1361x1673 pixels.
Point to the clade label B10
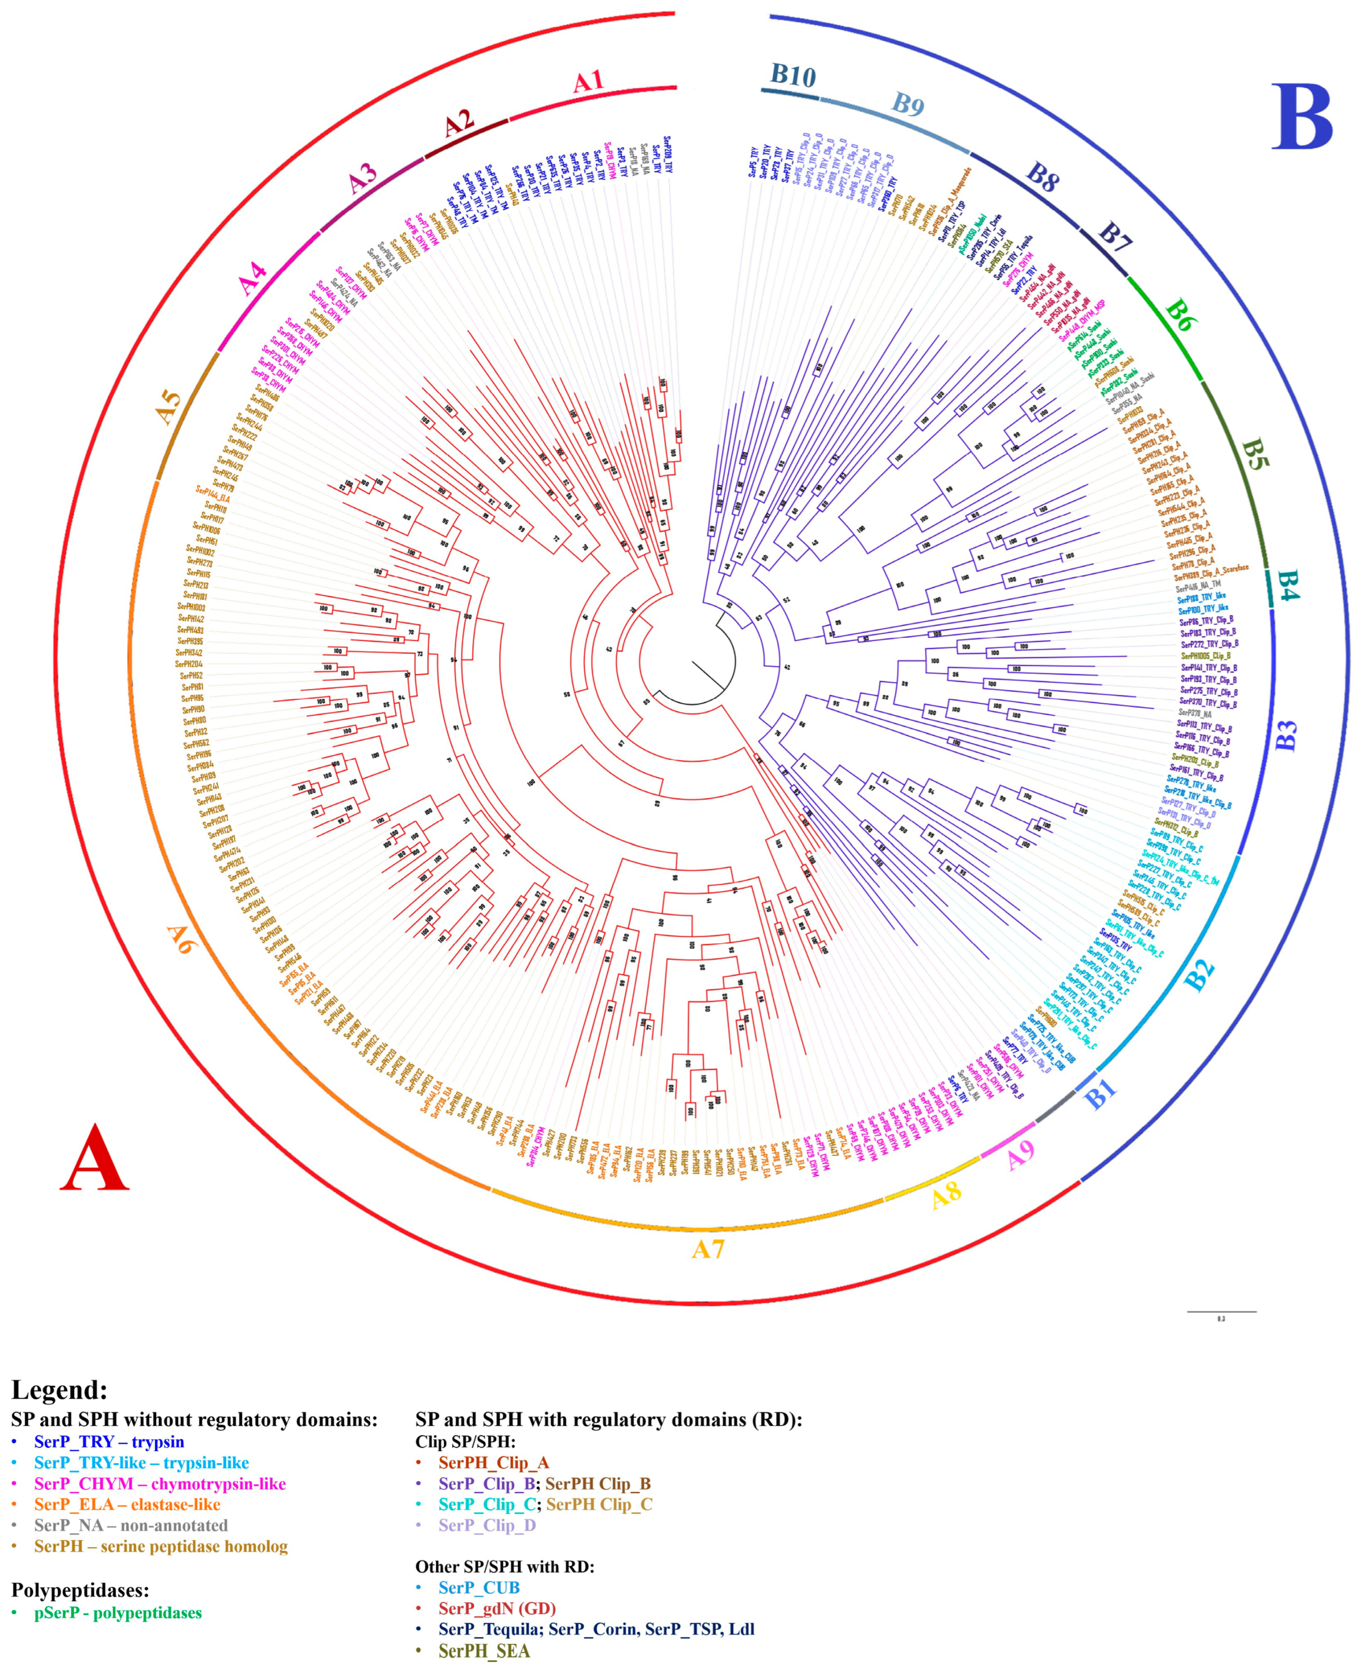click(792, 75)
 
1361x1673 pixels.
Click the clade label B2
click(1200, 974)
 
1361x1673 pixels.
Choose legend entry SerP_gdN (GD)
click(497, 1609)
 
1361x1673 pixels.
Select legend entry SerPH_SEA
click(484, 1651)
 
